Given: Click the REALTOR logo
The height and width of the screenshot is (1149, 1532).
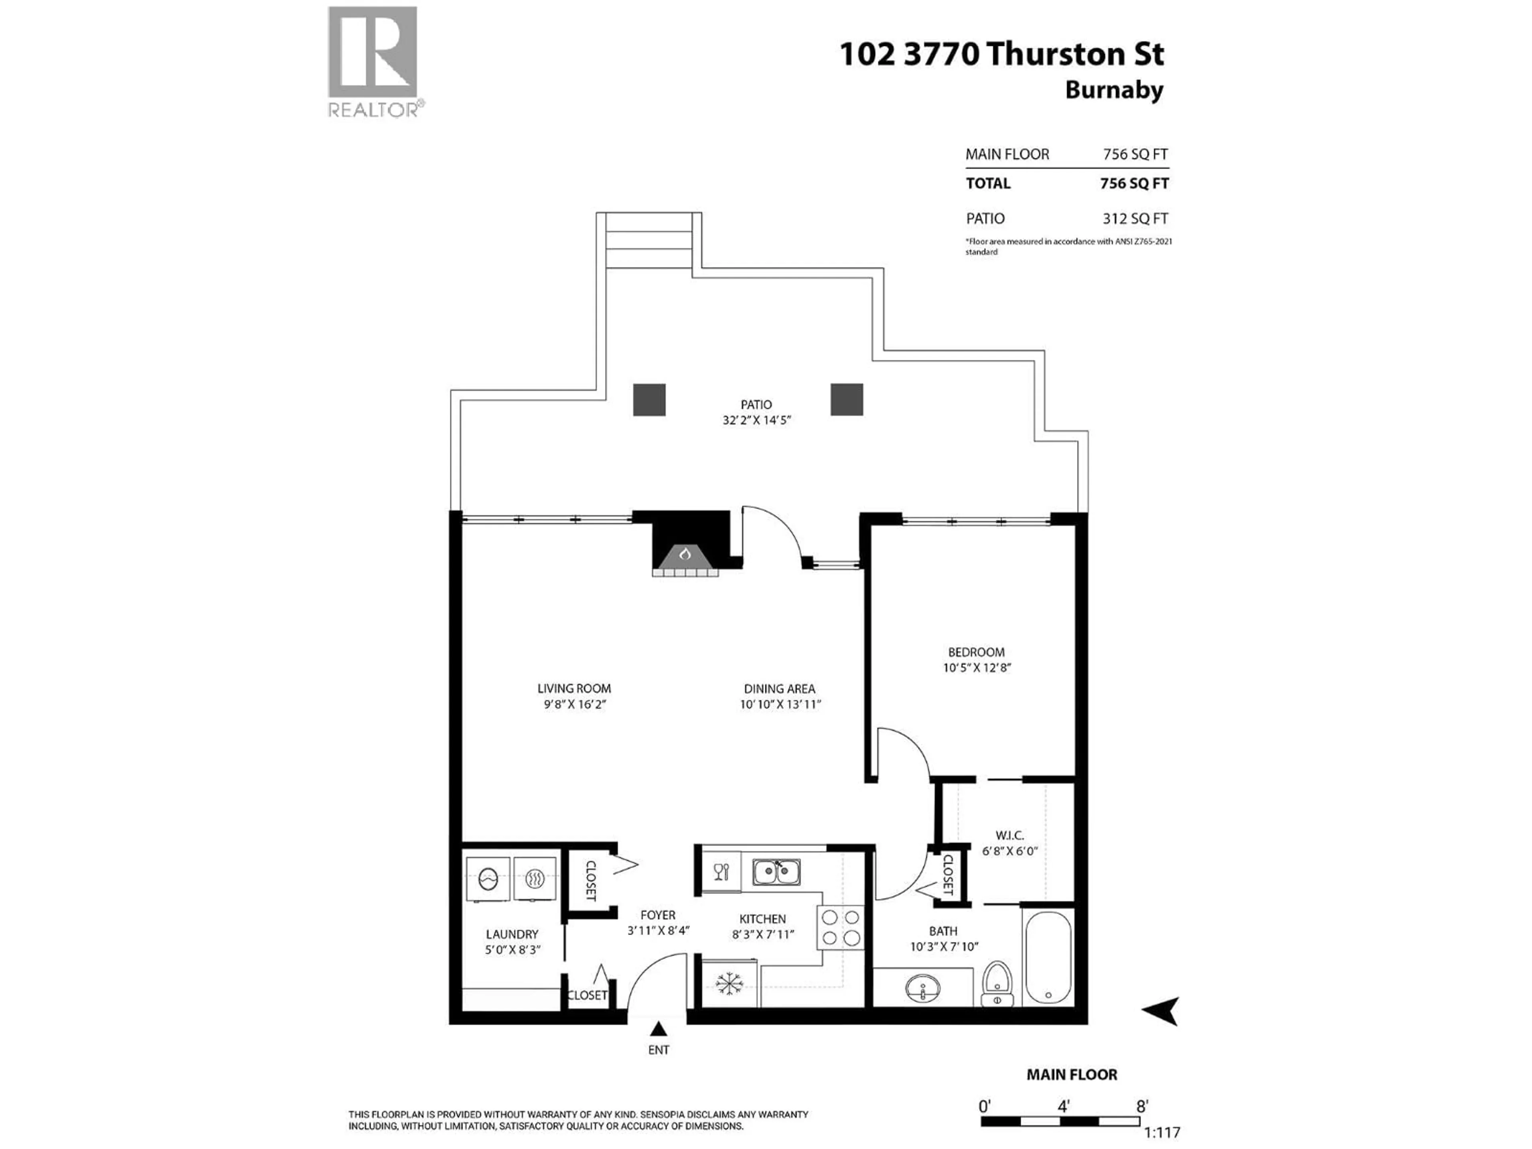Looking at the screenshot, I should point(373,61).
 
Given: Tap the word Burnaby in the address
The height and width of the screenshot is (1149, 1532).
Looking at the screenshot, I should point(1113,91).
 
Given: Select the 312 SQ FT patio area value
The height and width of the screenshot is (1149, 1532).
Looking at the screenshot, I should point(1135,219).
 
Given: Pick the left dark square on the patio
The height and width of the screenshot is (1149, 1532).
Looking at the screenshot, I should point(649,400).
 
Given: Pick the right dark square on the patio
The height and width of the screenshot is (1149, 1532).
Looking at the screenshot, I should point(846,400).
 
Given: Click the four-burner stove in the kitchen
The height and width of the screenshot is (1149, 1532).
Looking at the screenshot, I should point(841,927).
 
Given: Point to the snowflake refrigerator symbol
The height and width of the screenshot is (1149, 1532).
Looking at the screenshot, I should point(728,984).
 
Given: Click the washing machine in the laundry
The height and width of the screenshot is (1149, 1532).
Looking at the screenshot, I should point(488,879).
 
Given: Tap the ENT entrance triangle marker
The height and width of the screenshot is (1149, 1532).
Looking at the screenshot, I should point(658,1029).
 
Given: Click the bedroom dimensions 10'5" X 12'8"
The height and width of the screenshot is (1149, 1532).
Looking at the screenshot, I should point(977,667).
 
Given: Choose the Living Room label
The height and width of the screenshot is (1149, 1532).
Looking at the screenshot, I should point(574,689).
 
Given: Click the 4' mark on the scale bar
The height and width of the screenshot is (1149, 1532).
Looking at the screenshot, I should point(1064,1106).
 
